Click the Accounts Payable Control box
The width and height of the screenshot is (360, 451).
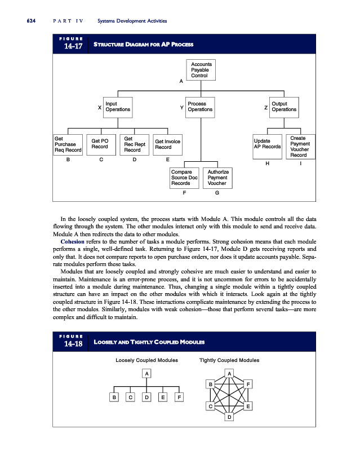click(200, 70)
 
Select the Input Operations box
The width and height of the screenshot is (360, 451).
click(118, 107)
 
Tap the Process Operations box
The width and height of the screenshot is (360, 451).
click(200, 107)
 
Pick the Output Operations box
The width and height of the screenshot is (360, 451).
click(283, 107)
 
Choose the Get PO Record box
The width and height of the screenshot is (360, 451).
click(101, 144)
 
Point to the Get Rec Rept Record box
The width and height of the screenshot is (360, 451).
click(135, 144)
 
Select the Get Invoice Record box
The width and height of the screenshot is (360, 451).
click(167, 144)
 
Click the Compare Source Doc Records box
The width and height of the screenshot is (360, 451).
click(184, 178)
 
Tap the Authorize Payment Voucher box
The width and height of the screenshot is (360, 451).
click(217, 178)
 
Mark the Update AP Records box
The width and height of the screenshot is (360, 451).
click(267, 144)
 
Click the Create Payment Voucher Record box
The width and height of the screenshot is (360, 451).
click(300, 145)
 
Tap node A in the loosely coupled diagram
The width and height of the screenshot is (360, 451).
click(146, 373)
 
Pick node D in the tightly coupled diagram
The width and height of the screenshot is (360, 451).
click(229, 417)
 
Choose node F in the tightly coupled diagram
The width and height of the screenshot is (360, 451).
click(248, 384)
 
